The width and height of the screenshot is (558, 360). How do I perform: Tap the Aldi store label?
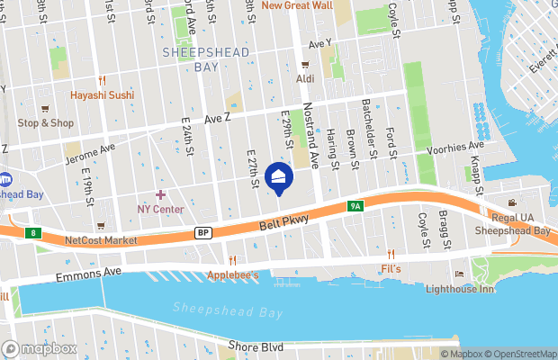click(304, 79)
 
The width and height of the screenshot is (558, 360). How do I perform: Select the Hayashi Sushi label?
click(103, 94)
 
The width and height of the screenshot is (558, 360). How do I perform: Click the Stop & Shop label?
click(45, 122)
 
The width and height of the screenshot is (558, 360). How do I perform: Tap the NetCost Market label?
click(101, 240)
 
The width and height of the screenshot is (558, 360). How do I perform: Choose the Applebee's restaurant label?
click(233, 274)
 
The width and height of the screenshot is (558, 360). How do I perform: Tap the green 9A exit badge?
click(355, 207)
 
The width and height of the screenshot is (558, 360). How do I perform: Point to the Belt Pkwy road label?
click(284, 220)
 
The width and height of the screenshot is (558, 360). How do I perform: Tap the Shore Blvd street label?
click(256, 346)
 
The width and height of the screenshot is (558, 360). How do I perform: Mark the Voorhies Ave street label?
click(455, 147)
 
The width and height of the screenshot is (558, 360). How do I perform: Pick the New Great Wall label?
click(297, 5)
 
